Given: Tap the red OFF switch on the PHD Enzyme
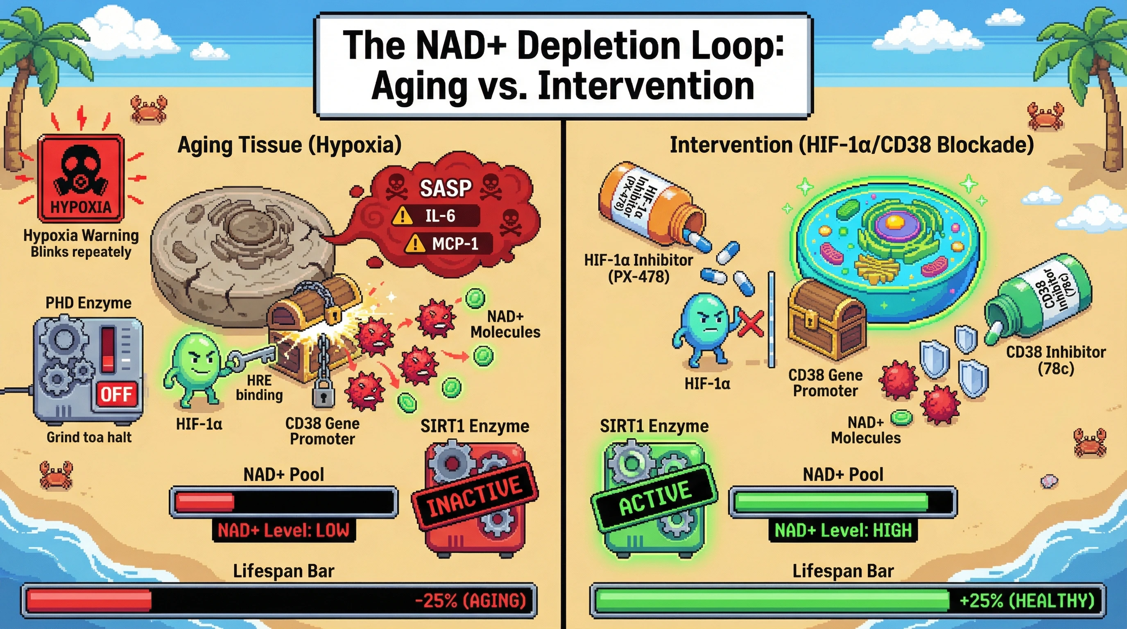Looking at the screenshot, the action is tap(116, 394).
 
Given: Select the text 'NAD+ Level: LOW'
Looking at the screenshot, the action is tap(283, 531).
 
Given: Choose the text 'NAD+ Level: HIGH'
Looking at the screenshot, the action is tap(843, 531).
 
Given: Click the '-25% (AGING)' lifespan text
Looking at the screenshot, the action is tap(470, 601).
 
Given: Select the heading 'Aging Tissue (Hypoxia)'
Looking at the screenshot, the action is tap(289, 145).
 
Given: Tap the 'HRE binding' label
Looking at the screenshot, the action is tap(259, 387).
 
